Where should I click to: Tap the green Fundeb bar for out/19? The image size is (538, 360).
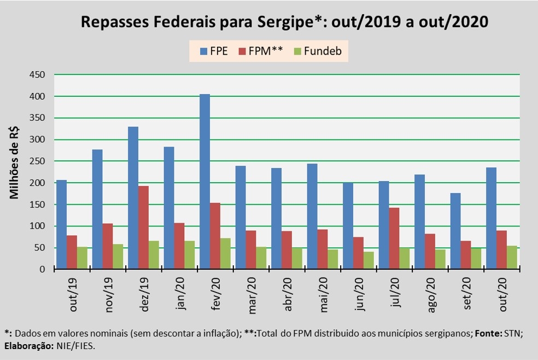pyautogui.click(x=82, y=258)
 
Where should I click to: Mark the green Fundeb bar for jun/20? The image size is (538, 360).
pyautogui.click(x=369, y=260)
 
